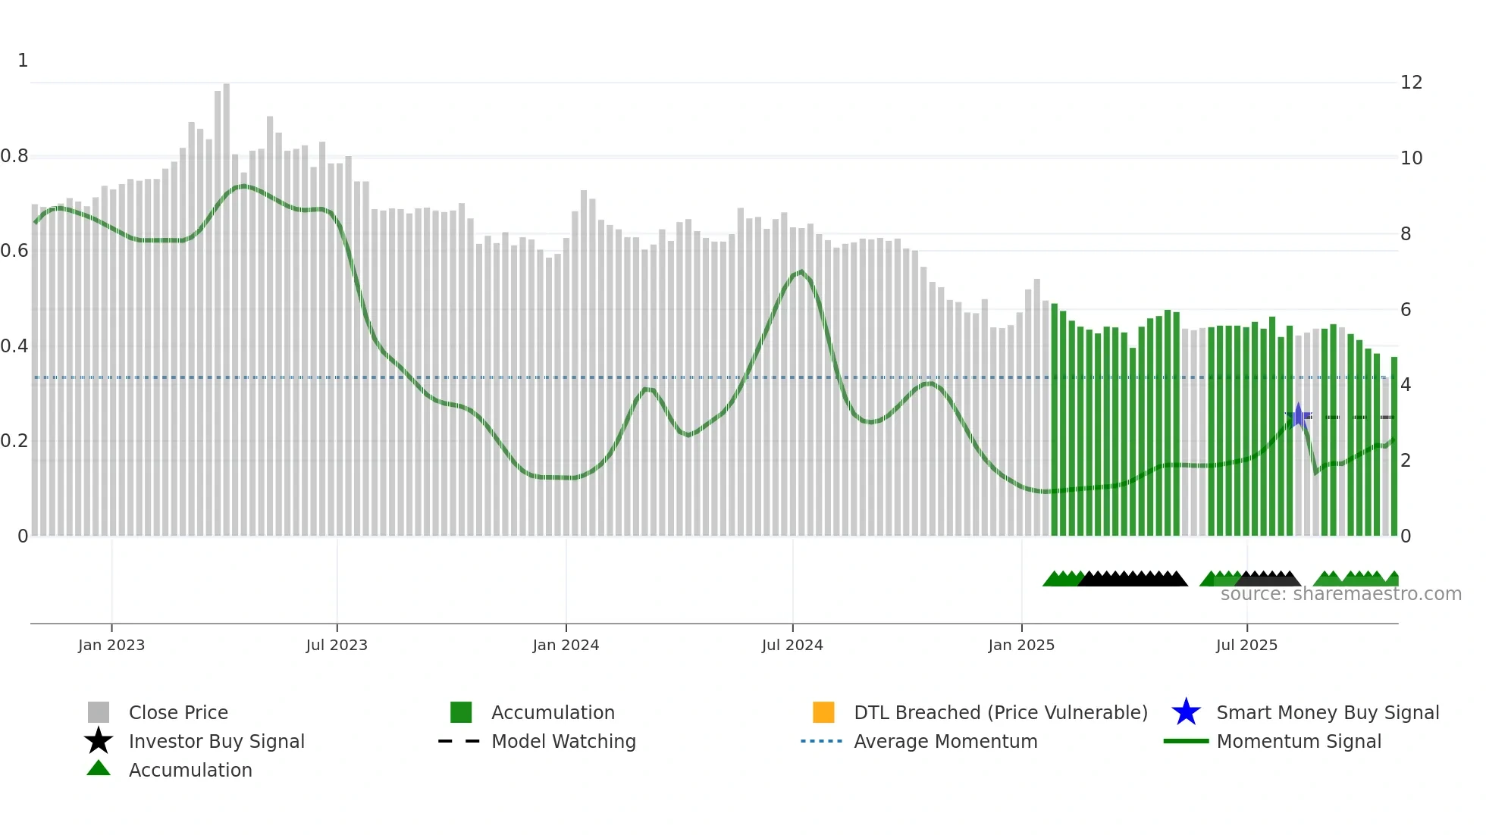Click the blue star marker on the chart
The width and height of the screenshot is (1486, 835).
(x=1298, y=416)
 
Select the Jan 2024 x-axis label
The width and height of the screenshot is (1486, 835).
(x=566, y=645)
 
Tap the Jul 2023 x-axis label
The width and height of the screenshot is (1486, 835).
(x=337, y=645)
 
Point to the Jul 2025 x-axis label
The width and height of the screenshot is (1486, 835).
(x=1246, y=645)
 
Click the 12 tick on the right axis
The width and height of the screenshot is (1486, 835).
(x=1411, y=83)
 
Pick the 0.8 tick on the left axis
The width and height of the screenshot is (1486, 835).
(x=14, y=156)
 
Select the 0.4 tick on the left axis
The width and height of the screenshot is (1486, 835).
(x=14, y=346)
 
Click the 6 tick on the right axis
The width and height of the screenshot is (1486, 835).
(x=1406, y=309)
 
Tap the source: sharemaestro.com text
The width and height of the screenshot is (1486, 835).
(x=1340, y=594)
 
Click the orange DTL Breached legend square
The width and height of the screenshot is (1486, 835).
(x=823, y=712)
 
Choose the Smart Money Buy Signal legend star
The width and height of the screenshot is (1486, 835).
(x=1186, y=712)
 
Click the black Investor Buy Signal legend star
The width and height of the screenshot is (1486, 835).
(x=99, y=741)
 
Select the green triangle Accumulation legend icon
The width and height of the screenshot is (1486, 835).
(x=99, y=769)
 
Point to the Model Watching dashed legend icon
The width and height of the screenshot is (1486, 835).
(x=459, y=741)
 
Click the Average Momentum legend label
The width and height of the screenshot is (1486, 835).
(x=945, y=741)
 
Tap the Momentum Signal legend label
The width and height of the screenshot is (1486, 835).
(x=1299, y=741)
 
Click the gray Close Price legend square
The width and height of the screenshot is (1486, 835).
(x=99, y=712)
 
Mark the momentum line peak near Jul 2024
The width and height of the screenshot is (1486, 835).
(x=801, y=271)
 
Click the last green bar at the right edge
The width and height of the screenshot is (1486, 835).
(x=1394, y=447)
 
